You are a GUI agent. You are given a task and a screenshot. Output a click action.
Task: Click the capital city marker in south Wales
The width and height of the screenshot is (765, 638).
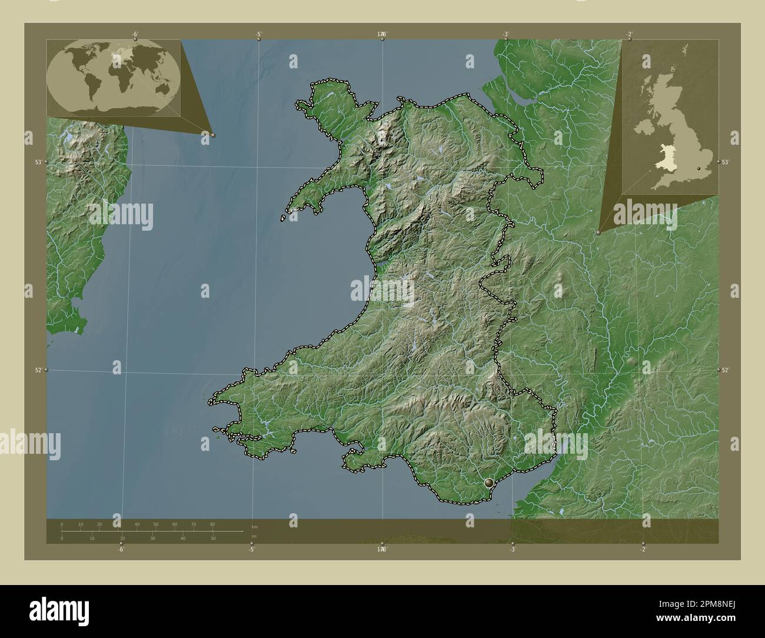click(x=488, y=483)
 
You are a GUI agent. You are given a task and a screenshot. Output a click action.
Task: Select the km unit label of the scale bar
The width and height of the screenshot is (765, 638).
click(x=254, y=526)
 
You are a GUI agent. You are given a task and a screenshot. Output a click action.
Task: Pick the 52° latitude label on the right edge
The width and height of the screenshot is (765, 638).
click(x=725, y=370)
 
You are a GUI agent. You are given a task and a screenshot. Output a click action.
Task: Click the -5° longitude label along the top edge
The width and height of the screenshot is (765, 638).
click(x=259, y=35)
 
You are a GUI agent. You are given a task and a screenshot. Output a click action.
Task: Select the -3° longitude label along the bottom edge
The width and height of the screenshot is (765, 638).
click(x=513, y=550)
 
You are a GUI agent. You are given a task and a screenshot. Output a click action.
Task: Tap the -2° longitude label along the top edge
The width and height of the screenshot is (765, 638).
click(x=629, y=35)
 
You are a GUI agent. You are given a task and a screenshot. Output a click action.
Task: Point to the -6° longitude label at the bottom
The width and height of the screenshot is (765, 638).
click(x=120, y=550)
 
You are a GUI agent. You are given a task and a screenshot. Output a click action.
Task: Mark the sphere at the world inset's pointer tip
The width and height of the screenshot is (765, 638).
click(x=213, y=135)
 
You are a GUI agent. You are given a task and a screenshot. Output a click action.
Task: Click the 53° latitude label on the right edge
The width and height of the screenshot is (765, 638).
click(x=725, y=162)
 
